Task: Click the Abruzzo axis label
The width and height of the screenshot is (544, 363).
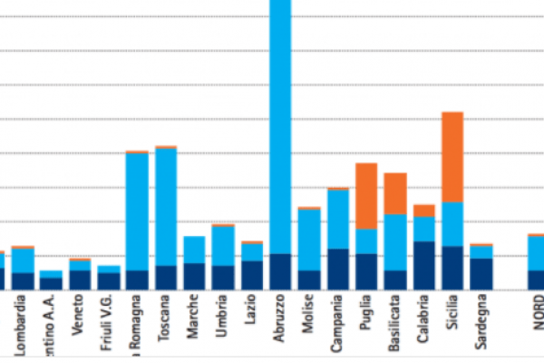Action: [x=280, y=319]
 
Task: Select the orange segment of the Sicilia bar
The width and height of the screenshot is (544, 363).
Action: [x=452, y=156]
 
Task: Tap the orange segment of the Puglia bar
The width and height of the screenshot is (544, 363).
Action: [x=366, y=195]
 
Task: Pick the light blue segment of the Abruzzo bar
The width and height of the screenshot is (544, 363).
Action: [x=280, y=127]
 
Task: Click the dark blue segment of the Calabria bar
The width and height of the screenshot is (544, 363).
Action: [x=423, y=265]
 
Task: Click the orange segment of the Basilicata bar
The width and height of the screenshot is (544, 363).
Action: [x=395, y=193]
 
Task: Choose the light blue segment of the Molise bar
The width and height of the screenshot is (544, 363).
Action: [x=309, y=240]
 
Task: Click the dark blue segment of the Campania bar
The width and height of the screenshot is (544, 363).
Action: [x=337, y=269]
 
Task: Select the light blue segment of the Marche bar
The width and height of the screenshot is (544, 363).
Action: [x=194, y=250]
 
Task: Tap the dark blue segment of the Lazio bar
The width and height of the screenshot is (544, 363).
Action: [x=252, y=274]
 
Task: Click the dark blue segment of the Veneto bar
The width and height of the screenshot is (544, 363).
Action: [x=80, y=279]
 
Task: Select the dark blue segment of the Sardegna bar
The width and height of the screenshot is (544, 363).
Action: [x=481, y=273]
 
